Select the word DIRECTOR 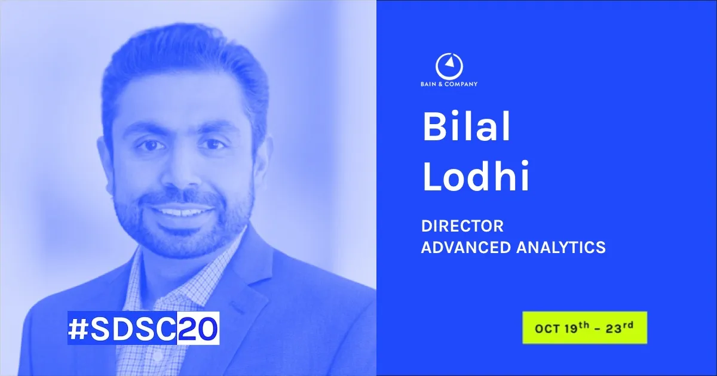462,227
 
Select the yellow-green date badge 584,328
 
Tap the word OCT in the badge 546,328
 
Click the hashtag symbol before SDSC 78,329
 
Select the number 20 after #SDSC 198,329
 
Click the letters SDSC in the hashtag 132,329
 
